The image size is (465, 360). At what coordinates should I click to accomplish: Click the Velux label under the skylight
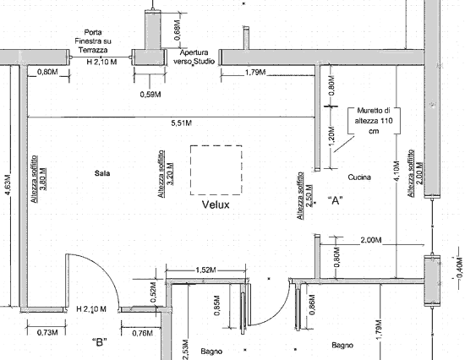216,205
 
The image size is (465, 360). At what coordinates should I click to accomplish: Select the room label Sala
102,173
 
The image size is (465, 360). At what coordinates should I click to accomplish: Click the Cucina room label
359,177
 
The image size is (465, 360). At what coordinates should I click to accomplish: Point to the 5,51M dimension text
182,123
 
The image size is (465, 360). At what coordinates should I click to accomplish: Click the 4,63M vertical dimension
8,185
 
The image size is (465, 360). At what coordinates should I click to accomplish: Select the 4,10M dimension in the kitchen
397,171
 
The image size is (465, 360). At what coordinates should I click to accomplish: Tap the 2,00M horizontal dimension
371,240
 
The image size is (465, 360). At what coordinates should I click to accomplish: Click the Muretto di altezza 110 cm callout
374,121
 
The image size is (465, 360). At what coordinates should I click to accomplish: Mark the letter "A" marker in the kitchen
336,201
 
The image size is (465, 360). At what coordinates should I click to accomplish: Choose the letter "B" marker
100,342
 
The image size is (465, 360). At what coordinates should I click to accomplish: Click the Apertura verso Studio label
194,57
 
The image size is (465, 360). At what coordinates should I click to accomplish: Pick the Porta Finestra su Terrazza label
93,41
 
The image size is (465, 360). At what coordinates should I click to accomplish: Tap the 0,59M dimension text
150,95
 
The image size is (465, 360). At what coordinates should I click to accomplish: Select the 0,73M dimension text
47,333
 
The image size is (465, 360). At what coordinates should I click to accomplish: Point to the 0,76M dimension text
143,333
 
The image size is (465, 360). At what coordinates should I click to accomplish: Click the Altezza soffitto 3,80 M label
39,179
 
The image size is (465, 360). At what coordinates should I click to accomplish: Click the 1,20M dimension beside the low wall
332,136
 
